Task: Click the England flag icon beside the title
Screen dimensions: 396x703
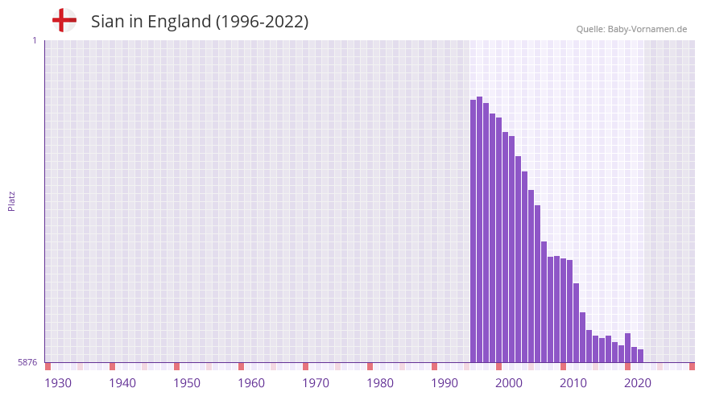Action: pos(64,21)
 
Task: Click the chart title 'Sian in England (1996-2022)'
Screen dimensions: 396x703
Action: pos(200,22)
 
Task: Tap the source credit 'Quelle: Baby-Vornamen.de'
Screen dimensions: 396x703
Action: pos(631,29)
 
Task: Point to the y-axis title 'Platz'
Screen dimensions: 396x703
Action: pos(11,201)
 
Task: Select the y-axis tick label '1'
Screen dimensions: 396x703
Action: pos(34,40)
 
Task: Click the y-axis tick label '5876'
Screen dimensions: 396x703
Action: pos(27,363)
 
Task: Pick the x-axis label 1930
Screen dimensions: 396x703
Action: pos(58,383)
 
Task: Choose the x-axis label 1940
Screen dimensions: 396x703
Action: pos(122,383)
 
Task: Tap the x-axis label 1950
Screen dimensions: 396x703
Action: pos(187,383)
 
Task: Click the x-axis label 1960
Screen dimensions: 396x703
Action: pos(251,383)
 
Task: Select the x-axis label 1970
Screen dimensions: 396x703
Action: pos(316,383)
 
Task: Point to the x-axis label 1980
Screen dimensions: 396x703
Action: pos(380,383)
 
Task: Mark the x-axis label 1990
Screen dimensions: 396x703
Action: pos(445,383)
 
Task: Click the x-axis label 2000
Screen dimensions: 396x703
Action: pos(509,383)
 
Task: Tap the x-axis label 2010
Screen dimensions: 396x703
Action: pos(573,383)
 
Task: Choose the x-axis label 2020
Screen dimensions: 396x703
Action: pos(638,383)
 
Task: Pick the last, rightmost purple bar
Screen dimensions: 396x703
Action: pos(641,356)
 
